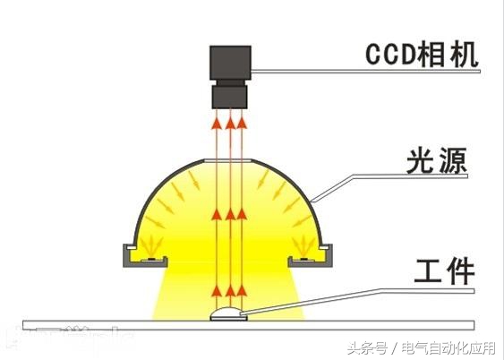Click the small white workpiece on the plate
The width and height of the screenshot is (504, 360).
(x=229, y=313)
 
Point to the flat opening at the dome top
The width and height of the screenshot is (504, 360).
(x=229, y=160)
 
